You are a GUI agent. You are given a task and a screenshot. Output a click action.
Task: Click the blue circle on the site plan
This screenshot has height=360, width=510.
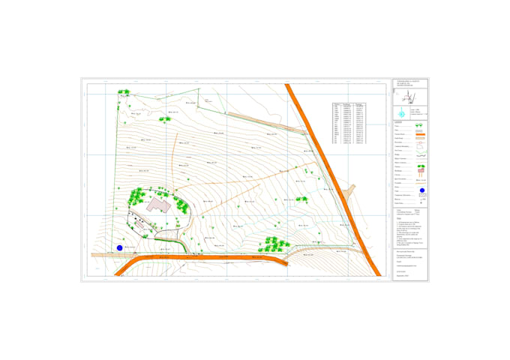pos(119,247)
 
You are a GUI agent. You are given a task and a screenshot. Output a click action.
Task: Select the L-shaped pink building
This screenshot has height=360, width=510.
pos(159,204)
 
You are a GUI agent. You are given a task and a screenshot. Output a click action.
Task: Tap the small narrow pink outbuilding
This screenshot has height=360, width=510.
pos(139,223)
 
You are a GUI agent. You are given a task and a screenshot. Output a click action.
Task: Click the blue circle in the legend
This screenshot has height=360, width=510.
pos(421,190)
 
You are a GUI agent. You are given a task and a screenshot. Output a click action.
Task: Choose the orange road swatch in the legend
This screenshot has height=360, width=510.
pos(420,134)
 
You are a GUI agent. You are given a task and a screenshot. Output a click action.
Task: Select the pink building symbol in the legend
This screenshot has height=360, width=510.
pos(421,172)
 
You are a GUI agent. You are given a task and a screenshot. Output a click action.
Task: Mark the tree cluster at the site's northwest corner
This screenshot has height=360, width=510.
pos(124,93)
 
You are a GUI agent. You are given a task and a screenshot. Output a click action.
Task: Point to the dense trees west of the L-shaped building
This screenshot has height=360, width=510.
pos(136,196)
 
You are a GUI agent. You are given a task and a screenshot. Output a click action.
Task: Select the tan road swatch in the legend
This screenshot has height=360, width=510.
pos(420,139)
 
